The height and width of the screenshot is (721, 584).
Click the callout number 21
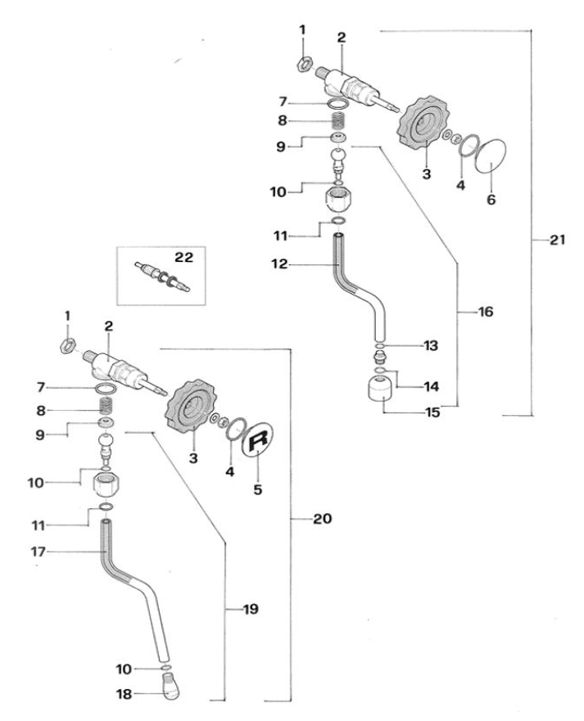click(x=559, y=240)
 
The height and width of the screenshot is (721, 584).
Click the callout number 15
click(x=432, y=412)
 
